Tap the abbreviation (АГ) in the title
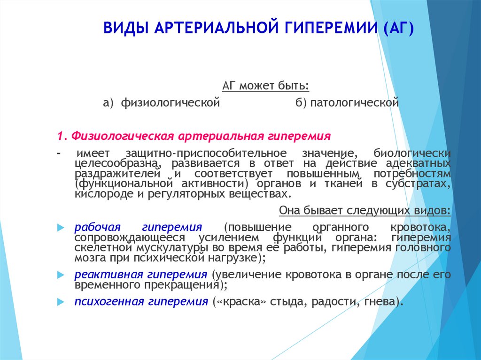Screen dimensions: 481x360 (398, 28)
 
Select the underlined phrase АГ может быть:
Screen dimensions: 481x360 (266, 85)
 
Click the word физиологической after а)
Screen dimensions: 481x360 (170, 102)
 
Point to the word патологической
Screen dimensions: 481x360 (354, 102)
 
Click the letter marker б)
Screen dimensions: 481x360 (301, 102)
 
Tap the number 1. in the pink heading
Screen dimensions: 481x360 (62, 136)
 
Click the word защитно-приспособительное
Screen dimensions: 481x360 (206, 153)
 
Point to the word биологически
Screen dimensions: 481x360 (412, 153)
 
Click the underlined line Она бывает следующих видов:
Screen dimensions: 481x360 (365, 210)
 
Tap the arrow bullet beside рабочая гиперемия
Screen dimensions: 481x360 (61, 228)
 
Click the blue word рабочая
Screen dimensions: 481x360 (98, 227)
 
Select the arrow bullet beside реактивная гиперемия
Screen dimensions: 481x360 (61, 275)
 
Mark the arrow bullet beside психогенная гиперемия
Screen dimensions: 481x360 (61, 302)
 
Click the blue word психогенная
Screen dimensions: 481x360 (109, 301)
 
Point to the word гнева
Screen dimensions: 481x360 (379, 302)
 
